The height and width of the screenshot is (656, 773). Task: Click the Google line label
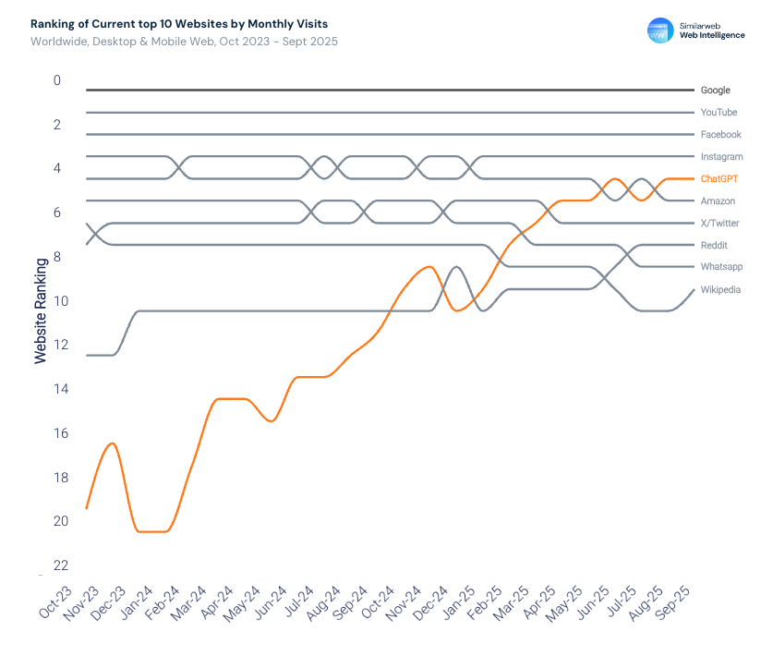[715, 91]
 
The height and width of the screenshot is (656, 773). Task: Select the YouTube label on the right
[719, 113]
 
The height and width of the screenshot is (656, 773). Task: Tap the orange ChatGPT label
[719, 179]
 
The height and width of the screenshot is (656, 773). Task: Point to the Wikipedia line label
[720, 290]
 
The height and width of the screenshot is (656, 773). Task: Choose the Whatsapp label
[721, 267]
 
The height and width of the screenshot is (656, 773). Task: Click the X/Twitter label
[719, 224]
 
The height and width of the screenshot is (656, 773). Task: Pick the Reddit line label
[714, 246]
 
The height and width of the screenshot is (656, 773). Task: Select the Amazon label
[718, 201]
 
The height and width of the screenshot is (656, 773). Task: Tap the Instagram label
[721, 157]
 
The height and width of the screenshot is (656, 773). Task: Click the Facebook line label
[720, 135]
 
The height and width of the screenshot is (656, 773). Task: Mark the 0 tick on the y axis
[57, 80]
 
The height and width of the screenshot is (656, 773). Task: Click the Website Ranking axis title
[41, 311]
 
